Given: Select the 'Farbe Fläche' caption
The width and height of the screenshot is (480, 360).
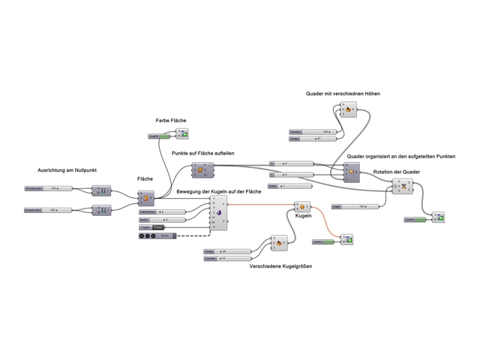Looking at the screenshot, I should click(x=171, y=120).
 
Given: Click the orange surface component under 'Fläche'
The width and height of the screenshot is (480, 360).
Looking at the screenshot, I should click(x=146, y=198).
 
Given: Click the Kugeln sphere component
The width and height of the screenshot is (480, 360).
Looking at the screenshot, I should click(x=301, y=205).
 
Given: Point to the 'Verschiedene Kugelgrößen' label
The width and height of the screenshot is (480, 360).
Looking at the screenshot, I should click(x=280, y=265).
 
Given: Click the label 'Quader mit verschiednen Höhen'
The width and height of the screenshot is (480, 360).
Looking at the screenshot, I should click(x=343, y=94).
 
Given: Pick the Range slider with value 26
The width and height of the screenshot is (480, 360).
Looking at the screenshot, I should click(x=228, y=251).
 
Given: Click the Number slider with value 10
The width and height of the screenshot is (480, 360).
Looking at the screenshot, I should click(x=228, y=258).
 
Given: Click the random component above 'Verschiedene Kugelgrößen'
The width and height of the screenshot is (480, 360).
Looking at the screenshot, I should click(x=279, y=242).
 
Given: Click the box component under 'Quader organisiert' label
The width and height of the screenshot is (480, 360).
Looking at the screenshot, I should click(x=348, y=172).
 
